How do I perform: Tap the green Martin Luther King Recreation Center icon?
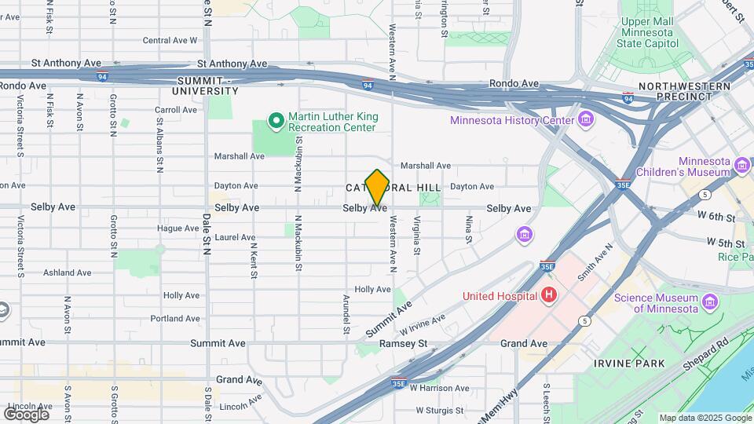276,121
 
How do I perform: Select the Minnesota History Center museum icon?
585,119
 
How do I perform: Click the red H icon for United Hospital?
549,295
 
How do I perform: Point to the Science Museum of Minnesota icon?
710,302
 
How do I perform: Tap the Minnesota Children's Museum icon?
741,166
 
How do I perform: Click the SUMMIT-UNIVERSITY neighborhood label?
206,86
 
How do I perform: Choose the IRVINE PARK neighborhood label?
629,364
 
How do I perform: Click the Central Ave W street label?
170,40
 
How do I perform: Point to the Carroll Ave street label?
176,110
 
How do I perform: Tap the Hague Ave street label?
178,228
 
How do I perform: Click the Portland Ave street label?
175,318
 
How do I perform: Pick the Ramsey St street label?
403,343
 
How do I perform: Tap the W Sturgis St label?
441,410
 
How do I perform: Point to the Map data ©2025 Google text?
705,418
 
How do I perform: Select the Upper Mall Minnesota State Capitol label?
649,33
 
